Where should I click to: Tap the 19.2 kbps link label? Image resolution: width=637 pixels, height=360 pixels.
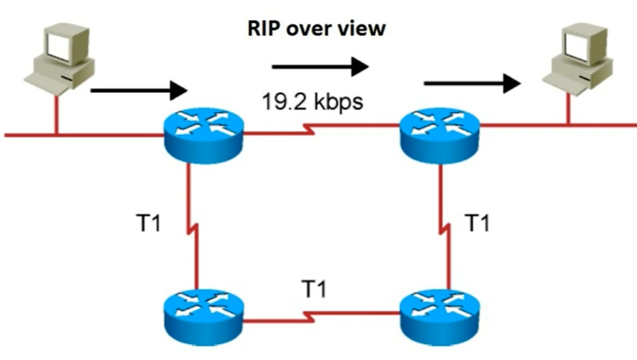313,101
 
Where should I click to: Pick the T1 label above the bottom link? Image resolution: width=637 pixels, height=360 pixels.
313,289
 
